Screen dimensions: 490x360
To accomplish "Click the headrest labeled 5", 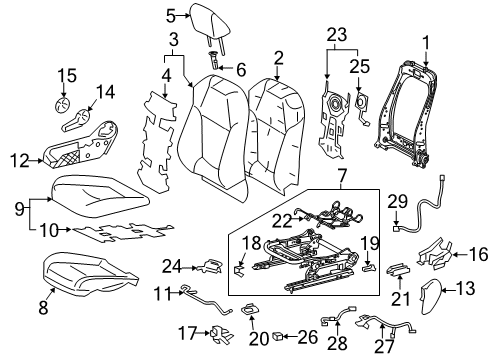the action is [x=210, y=25].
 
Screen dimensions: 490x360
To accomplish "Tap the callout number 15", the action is [x=67, y=75].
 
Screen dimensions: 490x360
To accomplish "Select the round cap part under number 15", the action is [x=62, y=106].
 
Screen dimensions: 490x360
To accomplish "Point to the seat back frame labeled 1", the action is [x=406, y=113].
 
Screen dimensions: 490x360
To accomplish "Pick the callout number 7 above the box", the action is [x=342, y=177].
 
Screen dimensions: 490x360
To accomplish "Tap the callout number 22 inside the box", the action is [x=282, y=221].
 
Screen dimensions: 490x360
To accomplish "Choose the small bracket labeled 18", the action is [x=239, y=270].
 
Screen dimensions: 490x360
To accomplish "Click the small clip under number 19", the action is [x=368, y=267].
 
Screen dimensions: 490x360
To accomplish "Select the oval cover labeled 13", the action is [x=429, y=296].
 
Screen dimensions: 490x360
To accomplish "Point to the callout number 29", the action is [x=397, y=202].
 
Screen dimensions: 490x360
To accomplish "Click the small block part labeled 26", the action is [x=278, y=336].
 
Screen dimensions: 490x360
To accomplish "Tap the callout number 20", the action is [x=259, y=339].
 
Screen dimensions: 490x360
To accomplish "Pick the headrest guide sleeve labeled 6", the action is [x=214, y=60].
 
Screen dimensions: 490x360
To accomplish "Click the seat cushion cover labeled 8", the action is [x=90, y=272].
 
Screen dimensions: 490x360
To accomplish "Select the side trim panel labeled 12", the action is [x=82, y=144].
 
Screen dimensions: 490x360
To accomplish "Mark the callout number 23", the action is [x=337, y=35].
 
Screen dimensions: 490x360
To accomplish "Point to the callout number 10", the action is [x=49, y=230].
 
